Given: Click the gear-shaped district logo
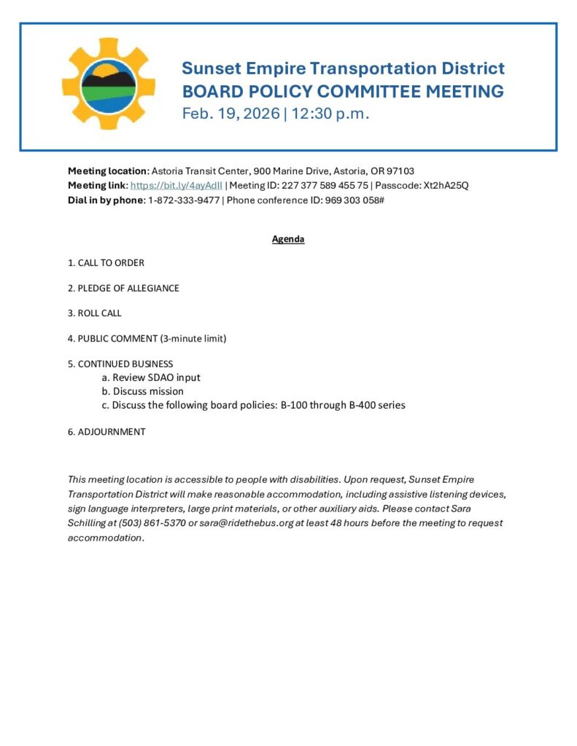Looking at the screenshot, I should (109, 84).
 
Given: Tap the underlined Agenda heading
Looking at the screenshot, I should (288, 239).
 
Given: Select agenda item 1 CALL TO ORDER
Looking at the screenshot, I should (107, 263).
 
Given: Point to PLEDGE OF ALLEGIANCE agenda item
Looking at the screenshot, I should (123, 288).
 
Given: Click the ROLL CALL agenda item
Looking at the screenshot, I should (95, 313).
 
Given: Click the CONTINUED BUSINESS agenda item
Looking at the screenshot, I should (120, 364).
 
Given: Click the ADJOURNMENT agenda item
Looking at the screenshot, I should (107, 432).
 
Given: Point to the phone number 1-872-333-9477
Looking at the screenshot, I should (183, 200).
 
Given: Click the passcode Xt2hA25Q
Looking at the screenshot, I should (446, 186).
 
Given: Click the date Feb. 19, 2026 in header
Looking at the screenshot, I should (231, 114).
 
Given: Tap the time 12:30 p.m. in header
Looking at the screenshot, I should (330, 114).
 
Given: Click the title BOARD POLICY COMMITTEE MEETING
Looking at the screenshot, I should (343, 92).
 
